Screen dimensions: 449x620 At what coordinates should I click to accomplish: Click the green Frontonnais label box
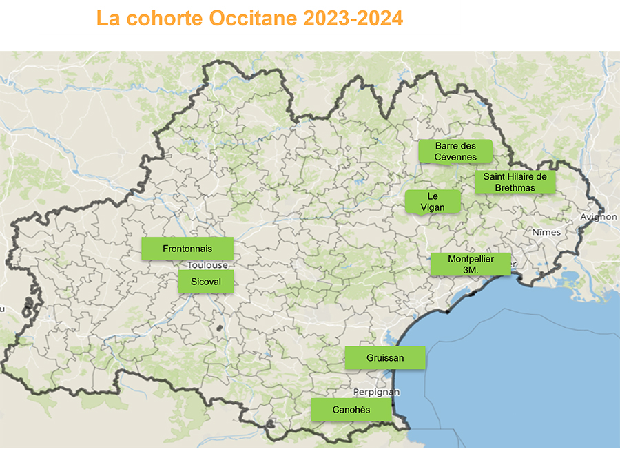pos(187,249)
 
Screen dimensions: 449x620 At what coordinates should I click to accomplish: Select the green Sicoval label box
pos(205,281)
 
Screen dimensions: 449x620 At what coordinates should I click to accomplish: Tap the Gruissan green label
pos(385,358)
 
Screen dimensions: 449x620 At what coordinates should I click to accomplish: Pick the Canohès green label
pos(351,410)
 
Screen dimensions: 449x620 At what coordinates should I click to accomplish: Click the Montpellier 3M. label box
pos(471,264)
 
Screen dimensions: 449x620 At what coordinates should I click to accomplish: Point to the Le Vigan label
pos(433,202)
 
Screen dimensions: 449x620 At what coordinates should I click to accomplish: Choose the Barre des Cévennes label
pos(456,152)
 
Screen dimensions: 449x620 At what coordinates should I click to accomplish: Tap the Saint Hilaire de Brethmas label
pos(515,182)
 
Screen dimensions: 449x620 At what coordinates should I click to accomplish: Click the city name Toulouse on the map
pos(207,264)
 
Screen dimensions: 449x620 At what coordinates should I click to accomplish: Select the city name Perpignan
pos(376,392)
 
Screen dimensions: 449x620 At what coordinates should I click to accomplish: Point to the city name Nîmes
pos(547,232)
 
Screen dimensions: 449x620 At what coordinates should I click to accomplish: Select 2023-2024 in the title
pos(353,19)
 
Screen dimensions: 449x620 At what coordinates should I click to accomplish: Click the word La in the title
pos(108,19)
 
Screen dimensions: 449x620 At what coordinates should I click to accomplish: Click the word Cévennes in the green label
pos(456,157)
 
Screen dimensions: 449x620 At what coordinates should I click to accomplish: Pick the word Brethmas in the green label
pos(515,188)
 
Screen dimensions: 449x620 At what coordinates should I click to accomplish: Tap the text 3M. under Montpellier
pos(471,271)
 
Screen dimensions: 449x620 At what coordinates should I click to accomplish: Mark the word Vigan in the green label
pos(433,207)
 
